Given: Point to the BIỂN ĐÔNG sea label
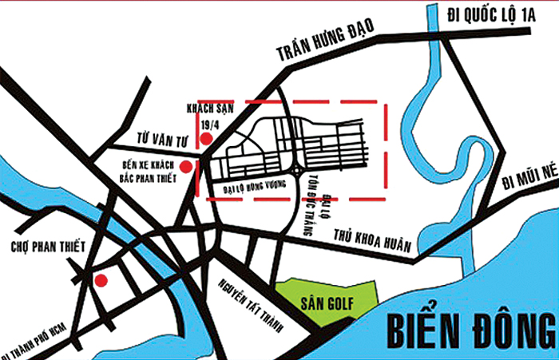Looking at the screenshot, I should click(470, 329).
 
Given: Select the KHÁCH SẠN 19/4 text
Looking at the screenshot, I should click(202, 116).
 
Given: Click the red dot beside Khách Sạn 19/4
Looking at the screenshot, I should click(206, 139).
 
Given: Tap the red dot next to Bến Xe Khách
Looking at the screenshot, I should click(186, 167).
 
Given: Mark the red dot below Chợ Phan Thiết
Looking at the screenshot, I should click(101, 280).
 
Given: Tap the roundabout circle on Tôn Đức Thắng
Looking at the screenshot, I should click(297, 169).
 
